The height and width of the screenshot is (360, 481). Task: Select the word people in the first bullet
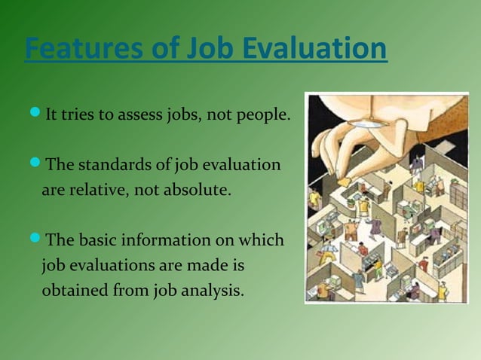pos(260,116)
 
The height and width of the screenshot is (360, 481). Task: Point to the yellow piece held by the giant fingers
pos(343,182)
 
